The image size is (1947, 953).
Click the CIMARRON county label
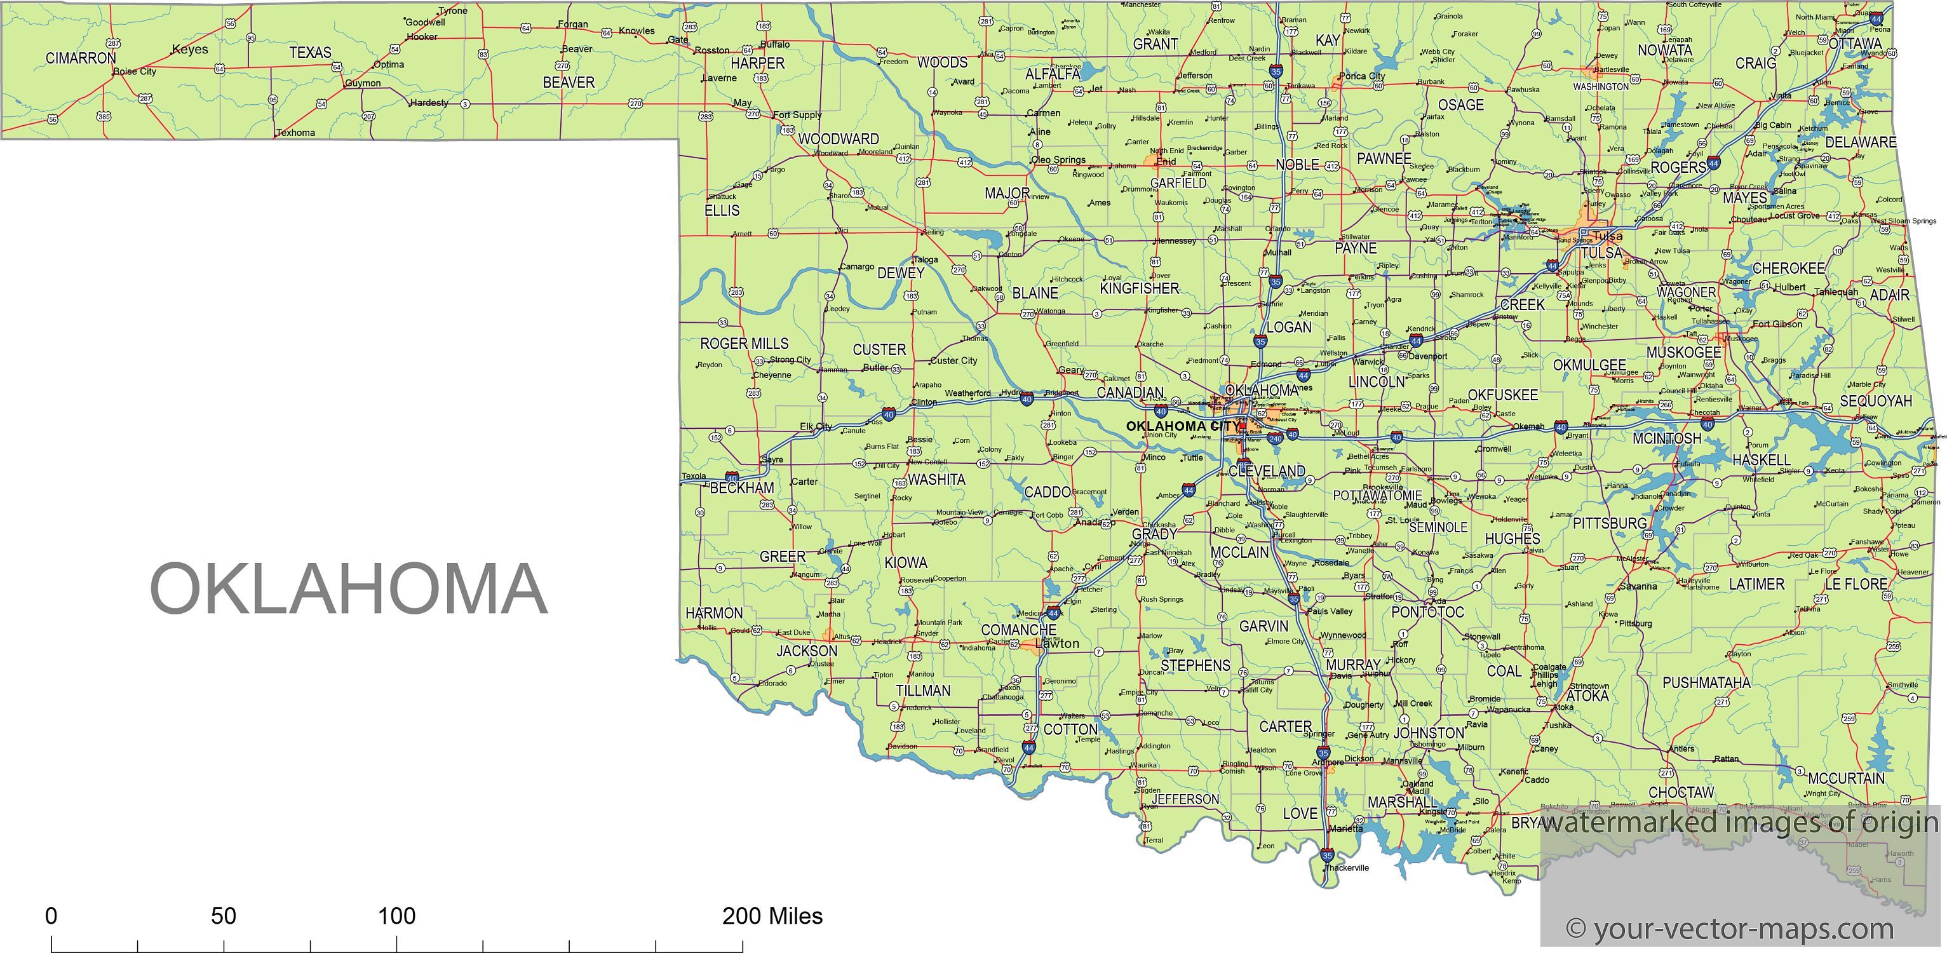(81, 58)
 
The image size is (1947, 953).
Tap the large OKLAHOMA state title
(349, 589)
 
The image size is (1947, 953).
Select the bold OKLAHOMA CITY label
(1182, 426)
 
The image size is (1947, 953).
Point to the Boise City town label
(135, 72)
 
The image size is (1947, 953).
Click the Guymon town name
(363, 83)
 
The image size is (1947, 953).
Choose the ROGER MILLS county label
(744, 344)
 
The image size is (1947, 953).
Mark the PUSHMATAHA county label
(1706, 683)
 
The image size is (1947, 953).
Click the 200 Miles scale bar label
(772, 916)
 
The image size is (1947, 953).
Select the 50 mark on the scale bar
(223, 916)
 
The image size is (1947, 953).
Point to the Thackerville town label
(1347, 868)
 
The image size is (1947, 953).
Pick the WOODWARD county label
(839, 139)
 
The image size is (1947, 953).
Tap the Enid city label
(1166, 162)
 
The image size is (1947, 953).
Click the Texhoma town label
(295, 133)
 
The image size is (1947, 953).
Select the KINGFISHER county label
(1139, 288)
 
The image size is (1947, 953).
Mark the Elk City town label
(816, 426)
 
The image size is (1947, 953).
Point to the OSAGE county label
(1460, 105)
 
